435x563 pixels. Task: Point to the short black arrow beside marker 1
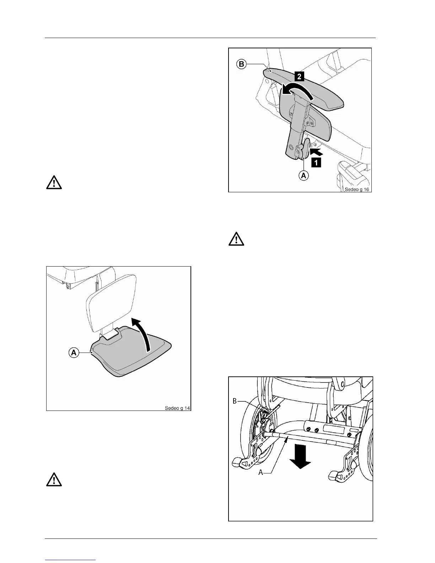click(x=317, y=152)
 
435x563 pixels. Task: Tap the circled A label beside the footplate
click(x=74, y=353)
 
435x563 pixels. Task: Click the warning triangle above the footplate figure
click(x=54, y=182)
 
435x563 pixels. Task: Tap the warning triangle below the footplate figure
click(x=54, y=479)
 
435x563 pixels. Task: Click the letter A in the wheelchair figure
click(x=261, y=472)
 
